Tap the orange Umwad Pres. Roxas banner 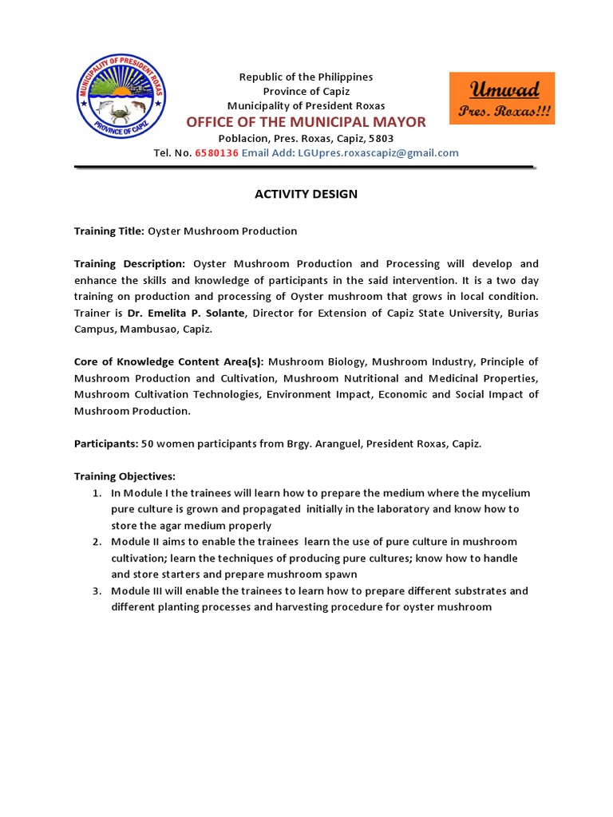point(502,98)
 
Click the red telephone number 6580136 point(216,153)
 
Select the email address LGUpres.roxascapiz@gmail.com point(379,153)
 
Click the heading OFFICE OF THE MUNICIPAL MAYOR point(306,122)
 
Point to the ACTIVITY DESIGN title point(306,194)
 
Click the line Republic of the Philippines point(306,77)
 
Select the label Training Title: point(109,231)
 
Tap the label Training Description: point(129,264)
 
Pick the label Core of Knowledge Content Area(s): point(169,362)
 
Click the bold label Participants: point(106,444)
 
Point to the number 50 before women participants point(148,444)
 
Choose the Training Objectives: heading point(124,476)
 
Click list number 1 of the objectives point(96,493)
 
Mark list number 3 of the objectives point(96,591)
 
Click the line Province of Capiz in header point(306,91)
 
